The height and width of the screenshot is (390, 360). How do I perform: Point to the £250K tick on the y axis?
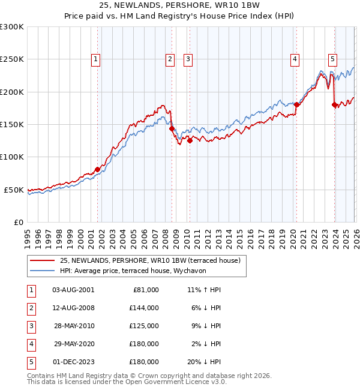pyautogui.click(x=12, y=59)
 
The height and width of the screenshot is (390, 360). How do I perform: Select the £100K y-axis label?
pyautogui.click(x=12, y=157)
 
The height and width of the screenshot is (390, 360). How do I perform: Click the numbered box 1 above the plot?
pyautogui.click(x=97, y=59)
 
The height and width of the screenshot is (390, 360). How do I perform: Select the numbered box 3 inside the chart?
pyautogui.click(x=188, y=59)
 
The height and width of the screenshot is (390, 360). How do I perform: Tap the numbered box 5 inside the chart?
pyautogui.click(x=332, y=59)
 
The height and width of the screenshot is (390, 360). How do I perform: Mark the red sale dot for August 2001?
pyautogui.click(x=97, y=169)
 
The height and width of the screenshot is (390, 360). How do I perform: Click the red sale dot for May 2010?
pyautogui.click(x=190, y=141)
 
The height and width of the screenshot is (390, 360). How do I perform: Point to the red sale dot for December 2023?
pyautogui.click(x=334, y=105)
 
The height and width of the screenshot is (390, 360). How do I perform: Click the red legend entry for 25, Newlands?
pyautogui.click(x=150, y=260)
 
